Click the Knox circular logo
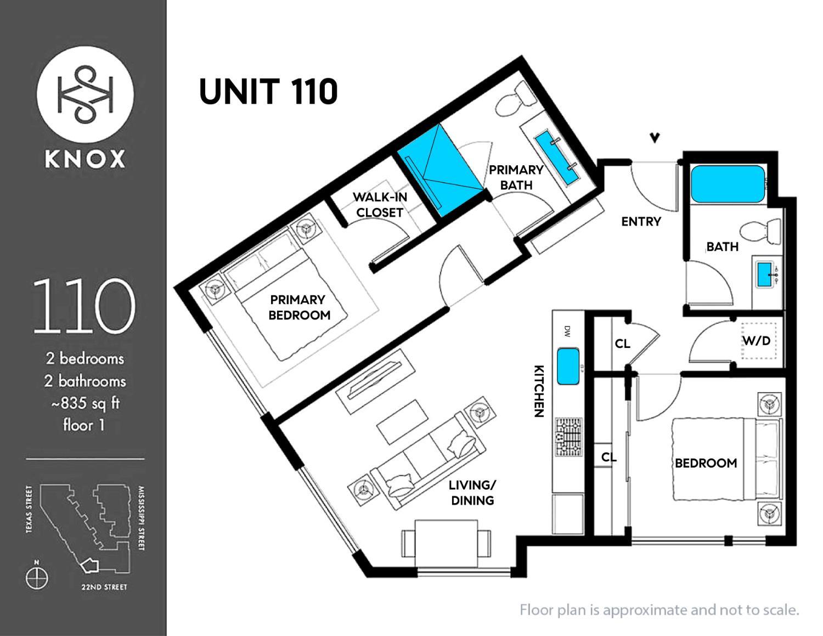click(x=85, y=95)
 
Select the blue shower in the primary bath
click(x=440, y=170)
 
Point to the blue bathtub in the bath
click(x=728, y=184)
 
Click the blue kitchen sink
click(x=568, y=367)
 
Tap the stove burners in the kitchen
click(x=568, y=437)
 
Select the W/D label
click(x=757, y=341)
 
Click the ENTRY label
click(x=641, y=221)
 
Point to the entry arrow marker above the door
click(x=655, y=138)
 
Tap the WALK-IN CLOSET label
click(x=380, y=205)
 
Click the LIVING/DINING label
click(x=472, y=493)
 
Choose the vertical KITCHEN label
click(x=539, y=391)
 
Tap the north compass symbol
click(x=37, y=578)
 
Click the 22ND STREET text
click(x=104, y=587)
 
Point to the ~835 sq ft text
click(x=85, y=403)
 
